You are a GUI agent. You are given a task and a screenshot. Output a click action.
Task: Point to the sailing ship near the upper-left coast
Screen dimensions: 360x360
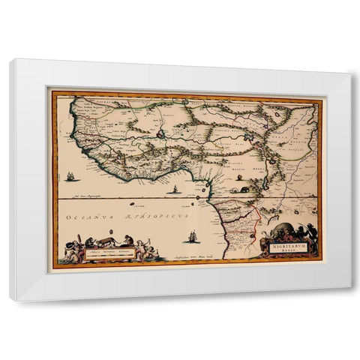(70, 178)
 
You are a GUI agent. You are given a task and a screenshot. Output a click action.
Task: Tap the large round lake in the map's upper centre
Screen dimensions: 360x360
(160, 134)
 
